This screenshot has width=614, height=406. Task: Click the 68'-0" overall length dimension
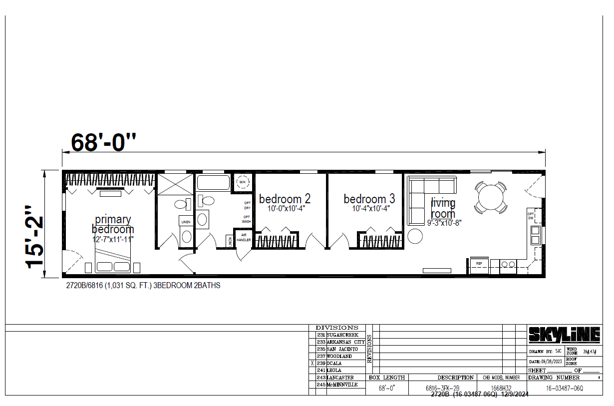pos(103,142)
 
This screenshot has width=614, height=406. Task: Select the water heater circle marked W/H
pos(243,182)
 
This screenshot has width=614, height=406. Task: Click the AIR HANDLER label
pos(243,237)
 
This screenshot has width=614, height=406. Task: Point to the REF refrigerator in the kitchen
pos(479,264)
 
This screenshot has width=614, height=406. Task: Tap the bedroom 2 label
pos(285,199)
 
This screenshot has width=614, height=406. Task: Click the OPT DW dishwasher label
pos(531,216)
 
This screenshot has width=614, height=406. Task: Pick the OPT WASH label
pos(247,219)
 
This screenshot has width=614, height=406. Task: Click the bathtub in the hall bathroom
pos(213,182)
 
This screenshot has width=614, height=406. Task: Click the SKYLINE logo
pos(564,335)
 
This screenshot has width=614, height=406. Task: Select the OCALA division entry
pos(335,364)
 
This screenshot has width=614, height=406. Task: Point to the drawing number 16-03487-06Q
pos(564,388)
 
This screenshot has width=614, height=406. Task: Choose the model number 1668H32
pos(501,388)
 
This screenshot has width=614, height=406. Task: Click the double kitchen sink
pos(535,235)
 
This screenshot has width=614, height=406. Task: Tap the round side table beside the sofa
pos(415,236)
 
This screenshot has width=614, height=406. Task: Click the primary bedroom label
pos(113,224)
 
